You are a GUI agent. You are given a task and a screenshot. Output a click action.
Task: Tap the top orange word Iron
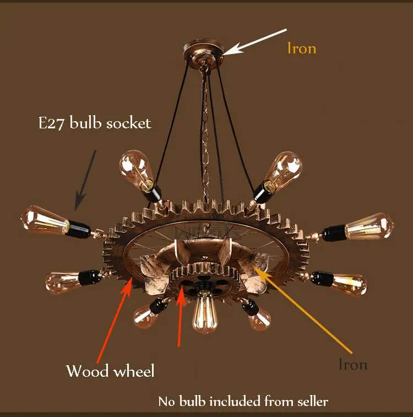point(301,48)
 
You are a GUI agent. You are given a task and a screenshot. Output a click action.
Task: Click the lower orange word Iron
point(352,364)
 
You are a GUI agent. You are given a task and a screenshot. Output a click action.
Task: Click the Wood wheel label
point(110,371)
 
